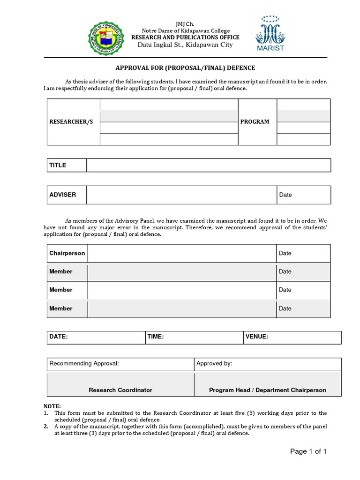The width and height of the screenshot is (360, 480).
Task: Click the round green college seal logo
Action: pyautogui.click(x=107, y=38)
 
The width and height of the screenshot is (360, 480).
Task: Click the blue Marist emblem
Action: pyautogui.click(x=270, y=34)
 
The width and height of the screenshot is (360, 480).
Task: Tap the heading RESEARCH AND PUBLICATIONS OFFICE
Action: pyautogui.click(x=185, y=37)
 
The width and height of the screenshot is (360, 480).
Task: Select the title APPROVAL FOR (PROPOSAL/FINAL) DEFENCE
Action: pyautogui.click(x=185, y=67)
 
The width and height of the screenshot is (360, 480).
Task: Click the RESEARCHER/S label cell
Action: pyautogui.click(x=71, y=122)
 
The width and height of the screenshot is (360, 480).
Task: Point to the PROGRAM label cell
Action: pyautogui.click(x=255, y=122)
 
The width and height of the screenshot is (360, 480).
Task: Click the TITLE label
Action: pyautogui.click(x=58, y=165)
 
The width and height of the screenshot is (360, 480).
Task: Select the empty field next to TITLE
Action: pyautogui.click(x=208, y=165)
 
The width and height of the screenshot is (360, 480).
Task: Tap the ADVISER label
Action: pyautogui.click(x=63, y=195)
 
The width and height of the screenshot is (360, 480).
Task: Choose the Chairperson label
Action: pyautogui.click(x=67, y=253)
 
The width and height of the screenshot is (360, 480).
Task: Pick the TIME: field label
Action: pyautogui.click(x=156, y=337)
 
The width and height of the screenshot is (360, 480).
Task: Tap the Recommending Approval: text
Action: pyautogui.click(x=84, y=364)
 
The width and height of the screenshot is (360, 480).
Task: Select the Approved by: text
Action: pyautogui.click(x=214, y=364)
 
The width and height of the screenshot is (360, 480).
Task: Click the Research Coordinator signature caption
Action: pyautogui.click(x=120, y=390)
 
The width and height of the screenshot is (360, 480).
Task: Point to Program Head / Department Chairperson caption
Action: pyautogui.click(x=268, y=390)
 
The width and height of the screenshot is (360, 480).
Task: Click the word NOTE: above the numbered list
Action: pyautogui.click(x=52, y=406)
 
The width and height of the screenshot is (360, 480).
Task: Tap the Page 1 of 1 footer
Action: pyautogui.click(x=308, y=452)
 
